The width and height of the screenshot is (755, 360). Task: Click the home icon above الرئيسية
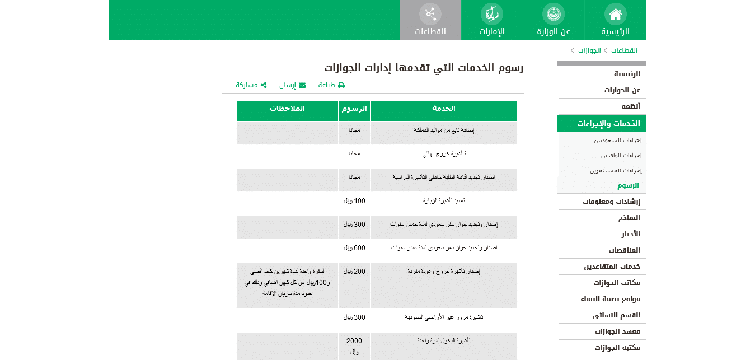click(x=615, y=13)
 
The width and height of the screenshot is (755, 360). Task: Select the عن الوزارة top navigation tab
click(x=554, y=20)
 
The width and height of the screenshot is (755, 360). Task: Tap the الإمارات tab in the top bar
click(x=492, y=20)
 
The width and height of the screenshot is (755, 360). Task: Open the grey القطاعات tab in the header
click(x=430, y=20)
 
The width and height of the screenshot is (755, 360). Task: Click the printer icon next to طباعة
click(x=341, y=85)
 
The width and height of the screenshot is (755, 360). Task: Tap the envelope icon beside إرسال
click(x=302, y=85)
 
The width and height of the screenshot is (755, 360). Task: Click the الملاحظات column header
click(x=287, y=109)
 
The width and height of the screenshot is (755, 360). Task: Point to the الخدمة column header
click(x=444, y=109)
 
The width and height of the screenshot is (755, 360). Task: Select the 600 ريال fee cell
click(x=354, y=247)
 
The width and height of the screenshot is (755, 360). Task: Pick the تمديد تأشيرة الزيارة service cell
click(x=444, y=200)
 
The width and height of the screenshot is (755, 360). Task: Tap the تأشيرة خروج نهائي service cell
click(x=444, y=153)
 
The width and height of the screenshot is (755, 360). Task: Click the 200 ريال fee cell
click(x=354, y=272)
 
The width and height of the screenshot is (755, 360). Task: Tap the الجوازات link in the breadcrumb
click(x=589, y=50)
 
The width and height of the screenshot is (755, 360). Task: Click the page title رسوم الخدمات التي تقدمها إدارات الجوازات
click(x=424, y=68)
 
